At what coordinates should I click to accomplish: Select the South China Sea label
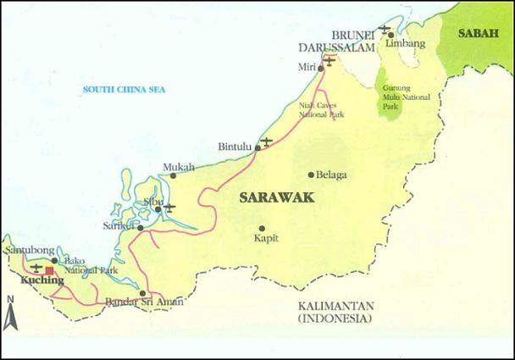coord(125,89)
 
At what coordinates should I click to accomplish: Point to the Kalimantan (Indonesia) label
coord(334,313)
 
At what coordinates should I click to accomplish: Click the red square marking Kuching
coord(49,271)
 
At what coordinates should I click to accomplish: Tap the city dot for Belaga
coord(311,174)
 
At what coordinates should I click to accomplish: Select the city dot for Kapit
coord(262,228)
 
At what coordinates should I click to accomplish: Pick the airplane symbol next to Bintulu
coord(267,141)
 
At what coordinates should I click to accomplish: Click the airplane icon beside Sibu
coord(169,207)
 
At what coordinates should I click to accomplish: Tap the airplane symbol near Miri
coord(329,59)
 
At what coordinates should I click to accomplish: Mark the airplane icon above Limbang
coord(385,29)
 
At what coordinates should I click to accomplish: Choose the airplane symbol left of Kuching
coord(35,268)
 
